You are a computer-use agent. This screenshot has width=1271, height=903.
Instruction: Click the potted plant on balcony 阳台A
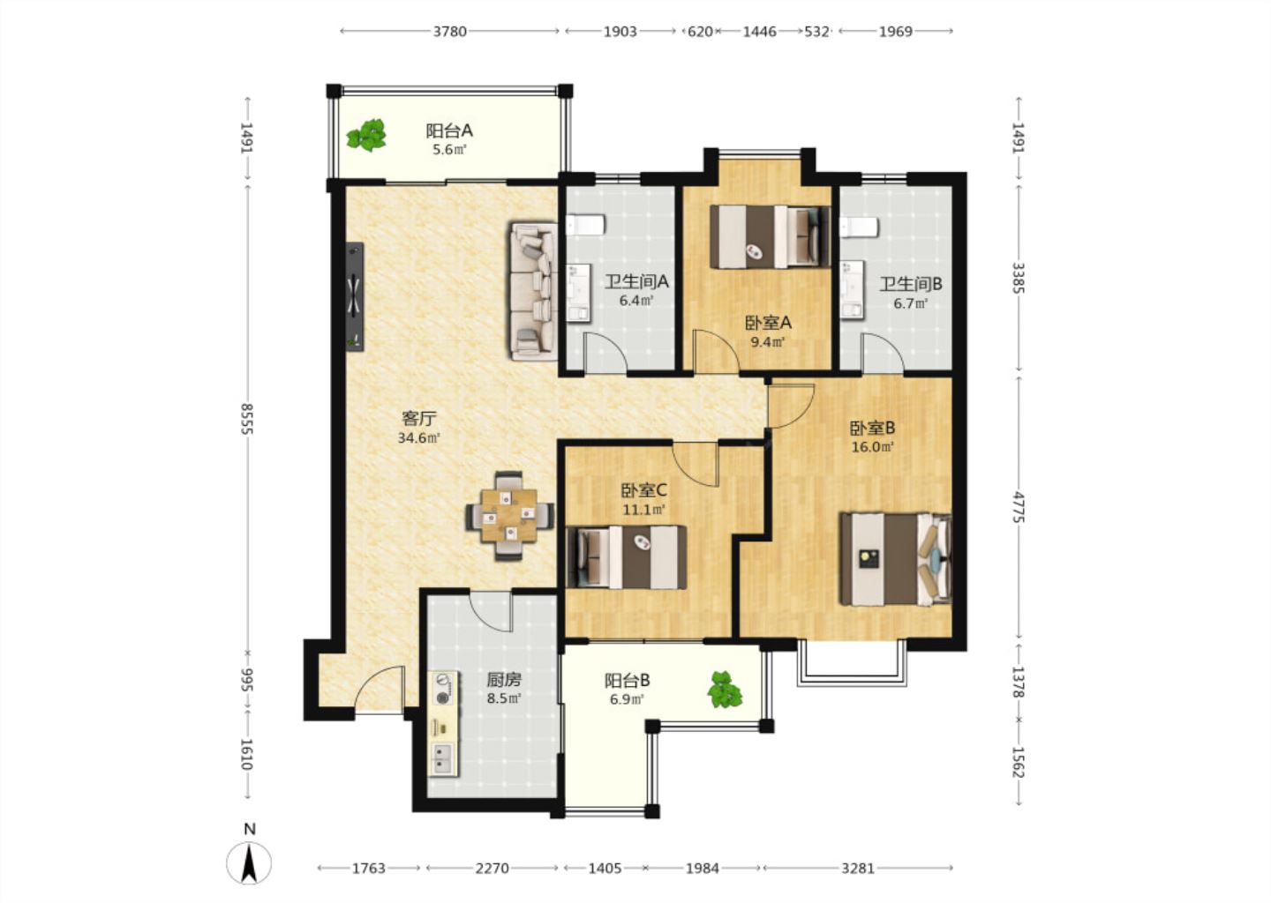[366, 135]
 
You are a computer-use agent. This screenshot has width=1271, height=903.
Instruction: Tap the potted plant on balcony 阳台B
[725, 690]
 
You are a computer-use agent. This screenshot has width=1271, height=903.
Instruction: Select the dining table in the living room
[509, 516]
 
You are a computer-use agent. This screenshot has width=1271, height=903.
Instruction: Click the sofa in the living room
[533, 291]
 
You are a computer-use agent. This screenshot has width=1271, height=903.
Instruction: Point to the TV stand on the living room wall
[355, 296]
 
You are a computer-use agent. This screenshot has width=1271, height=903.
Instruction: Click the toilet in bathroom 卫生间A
[585, 225]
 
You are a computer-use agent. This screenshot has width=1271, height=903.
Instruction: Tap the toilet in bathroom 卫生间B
[860, 227]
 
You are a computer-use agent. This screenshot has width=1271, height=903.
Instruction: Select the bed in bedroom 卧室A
[770, 236]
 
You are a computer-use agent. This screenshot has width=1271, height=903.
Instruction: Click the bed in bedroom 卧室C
[627, 557]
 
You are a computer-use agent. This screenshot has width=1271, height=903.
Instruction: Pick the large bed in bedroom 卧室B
[895, 559]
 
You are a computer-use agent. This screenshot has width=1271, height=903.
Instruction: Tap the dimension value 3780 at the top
[450, 31]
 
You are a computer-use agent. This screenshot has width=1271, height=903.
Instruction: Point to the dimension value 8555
[247, 419]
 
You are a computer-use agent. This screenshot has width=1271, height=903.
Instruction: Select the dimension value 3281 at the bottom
[857, 868]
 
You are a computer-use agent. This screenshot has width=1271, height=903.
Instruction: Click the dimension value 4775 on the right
[1019, 507]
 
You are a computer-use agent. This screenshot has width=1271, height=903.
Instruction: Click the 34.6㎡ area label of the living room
[419, 437]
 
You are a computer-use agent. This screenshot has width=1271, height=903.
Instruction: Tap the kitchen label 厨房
[504, 679]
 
